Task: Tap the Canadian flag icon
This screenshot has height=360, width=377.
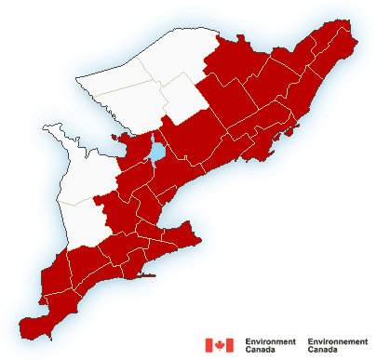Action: [x=219, y=345]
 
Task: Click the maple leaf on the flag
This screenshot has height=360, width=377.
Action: [x=219, y=345]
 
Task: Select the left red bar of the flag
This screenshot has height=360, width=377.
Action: [x=209, y=345]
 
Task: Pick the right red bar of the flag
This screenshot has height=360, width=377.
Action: [x=230, y=345]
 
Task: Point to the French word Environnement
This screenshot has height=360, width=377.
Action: [x=337, y=341]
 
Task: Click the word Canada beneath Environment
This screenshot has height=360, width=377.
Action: [x=260, y=351]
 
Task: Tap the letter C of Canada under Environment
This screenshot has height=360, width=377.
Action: [x=248, y=351]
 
